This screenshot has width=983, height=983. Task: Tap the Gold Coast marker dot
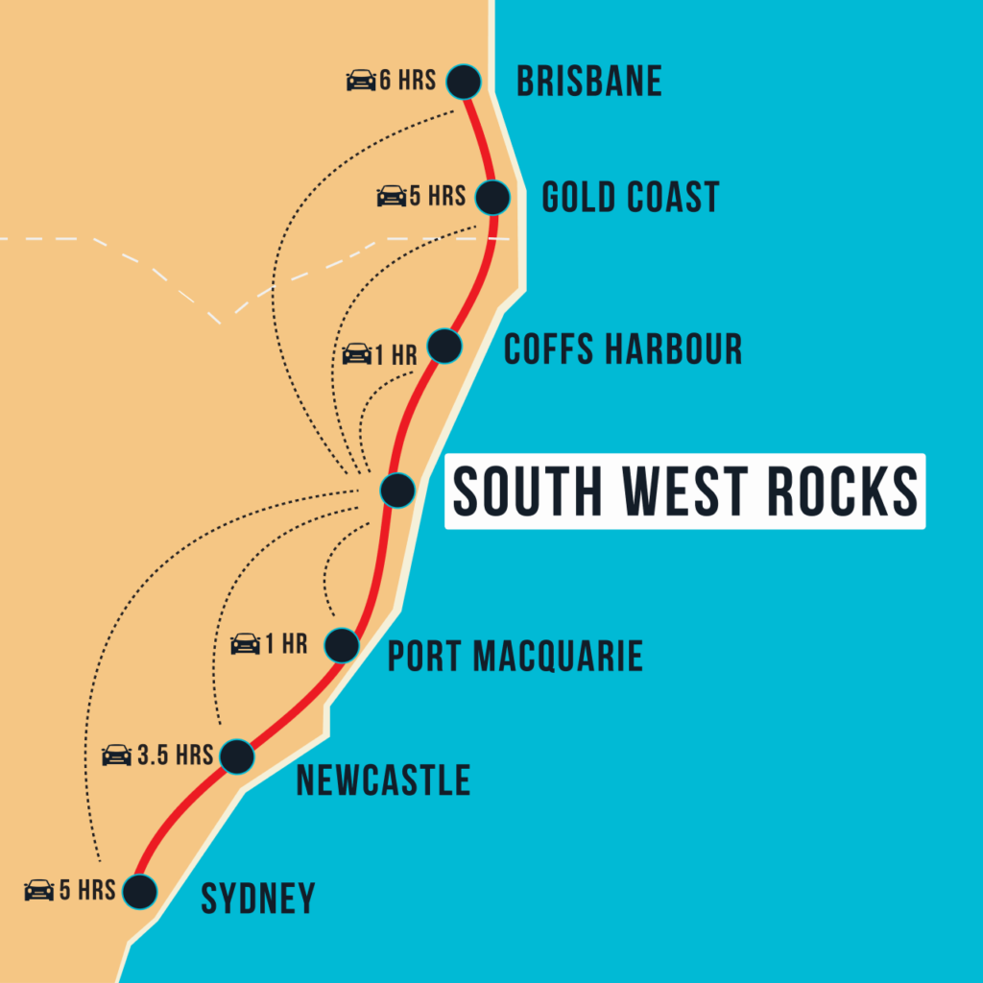tap(491, 198)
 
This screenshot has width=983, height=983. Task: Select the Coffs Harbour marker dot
tap(444, 346)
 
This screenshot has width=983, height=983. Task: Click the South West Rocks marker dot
tap(396, 491)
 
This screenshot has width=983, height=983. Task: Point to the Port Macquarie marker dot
tap(342, 645)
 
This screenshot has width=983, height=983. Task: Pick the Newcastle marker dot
tap(236, 756)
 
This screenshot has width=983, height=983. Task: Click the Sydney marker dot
tap(140, 891)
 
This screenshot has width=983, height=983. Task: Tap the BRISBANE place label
tap(588, 82)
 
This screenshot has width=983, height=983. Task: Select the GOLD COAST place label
tap(630, 198)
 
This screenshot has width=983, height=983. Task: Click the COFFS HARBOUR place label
tap(623, 349)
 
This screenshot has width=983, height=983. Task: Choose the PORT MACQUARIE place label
tap(515, 658)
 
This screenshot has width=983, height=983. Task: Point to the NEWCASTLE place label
tap(383, 780)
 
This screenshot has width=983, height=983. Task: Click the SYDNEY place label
tap(257, 899)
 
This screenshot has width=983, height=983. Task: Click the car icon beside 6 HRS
tap(361, 81)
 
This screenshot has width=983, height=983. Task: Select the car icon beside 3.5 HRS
tap(116, 755)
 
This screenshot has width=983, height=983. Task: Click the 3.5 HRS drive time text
tap(174, 755)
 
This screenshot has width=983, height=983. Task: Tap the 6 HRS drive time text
tap(407, 81)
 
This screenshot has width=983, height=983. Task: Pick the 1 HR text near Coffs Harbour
tap(396, 355)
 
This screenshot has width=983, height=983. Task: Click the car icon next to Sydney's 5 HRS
tap(39, 891)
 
